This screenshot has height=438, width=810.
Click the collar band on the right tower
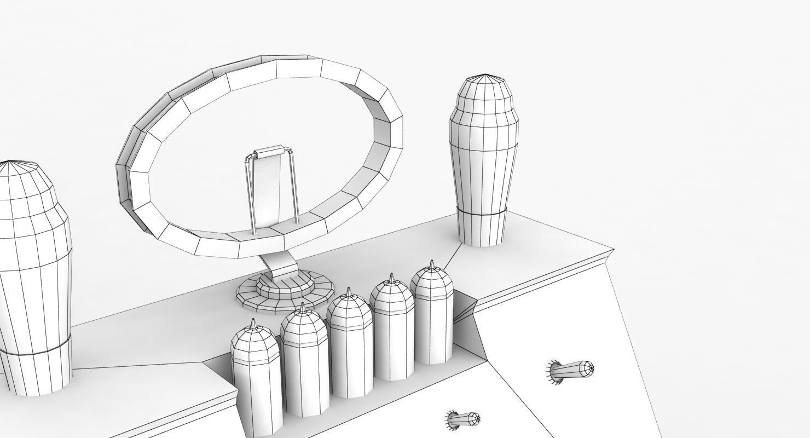pyautogui.click(x=482, y=212)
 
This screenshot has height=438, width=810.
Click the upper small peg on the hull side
pyautogui.click(x=572, y=370)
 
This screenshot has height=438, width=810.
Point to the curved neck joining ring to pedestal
pyautogui.click(x=282, y=266)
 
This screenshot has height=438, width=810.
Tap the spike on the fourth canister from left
pyautogui.click(x=392, y=279)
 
